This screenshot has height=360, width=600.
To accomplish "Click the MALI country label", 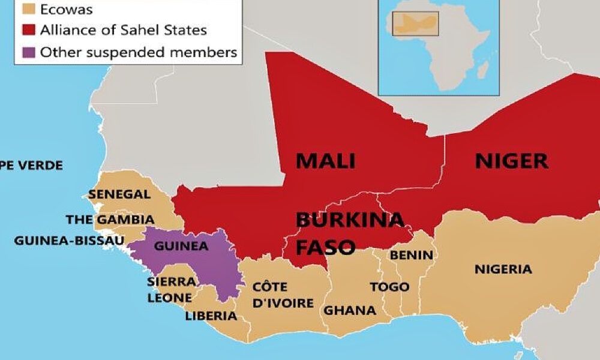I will [x=325, y=161].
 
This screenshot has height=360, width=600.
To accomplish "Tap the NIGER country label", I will [x=511, y=161].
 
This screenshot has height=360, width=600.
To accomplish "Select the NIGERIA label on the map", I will [x=503, y=269].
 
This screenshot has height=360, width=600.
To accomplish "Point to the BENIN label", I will [x=411, y=255].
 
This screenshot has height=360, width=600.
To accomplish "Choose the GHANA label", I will [x=350, y=310].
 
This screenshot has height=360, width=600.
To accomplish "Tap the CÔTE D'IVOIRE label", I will [x=283, y=295].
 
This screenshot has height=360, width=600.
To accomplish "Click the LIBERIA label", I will [x=211, y=316].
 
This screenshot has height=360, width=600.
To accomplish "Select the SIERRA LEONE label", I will [x=170, y=289].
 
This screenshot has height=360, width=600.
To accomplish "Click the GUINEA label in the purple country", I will [x=181, y=246].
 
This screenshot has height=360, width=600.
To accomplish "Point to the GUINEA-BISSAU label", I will [x=69, y=241].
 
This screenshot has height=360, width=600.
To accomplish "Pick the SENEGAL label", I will [x=119, y=194].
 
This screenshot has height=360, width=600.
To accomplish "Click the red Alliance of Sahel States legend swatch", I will [x=28, y=30].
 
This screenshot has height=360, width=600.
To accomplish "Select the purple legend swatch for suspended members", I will [x=28, y=52].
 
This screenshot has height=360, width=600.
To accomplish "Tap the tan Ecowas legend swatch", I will [x=28, y=10].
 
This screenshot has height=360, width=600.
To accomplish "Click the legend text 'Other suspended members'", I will [x=139, y=52].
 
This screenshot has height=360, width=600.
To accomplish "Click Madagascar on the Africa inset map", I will [x=481, y=73].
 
